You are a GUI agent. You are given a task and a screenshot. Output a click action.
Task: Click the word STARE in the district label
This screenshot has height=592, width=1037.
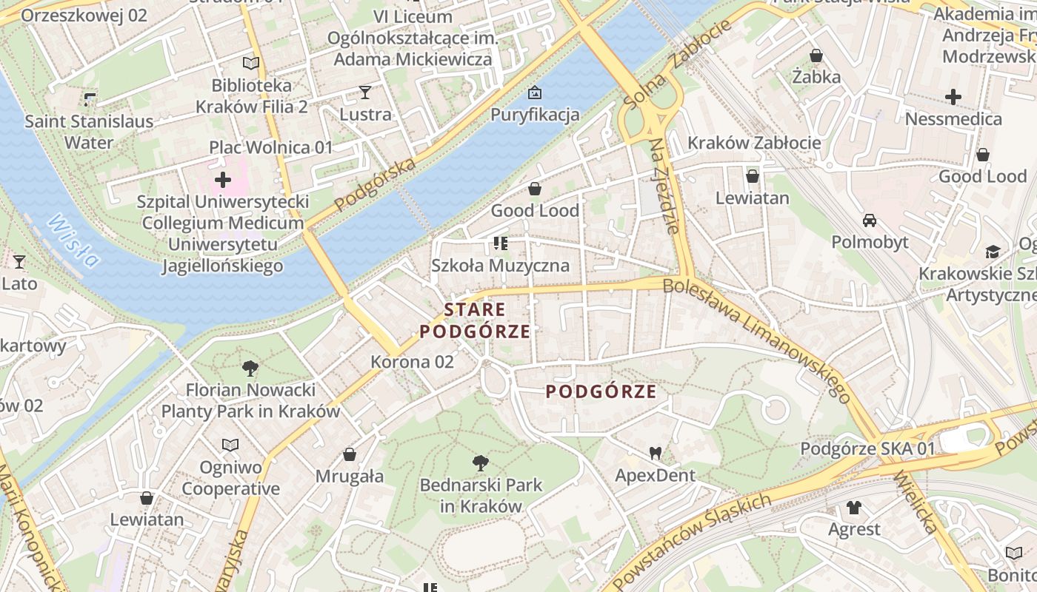tap(475, 309)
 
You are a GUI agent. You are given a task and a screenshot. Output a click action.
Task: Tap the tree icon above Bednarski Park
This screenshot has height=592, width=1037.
tap(481, 463)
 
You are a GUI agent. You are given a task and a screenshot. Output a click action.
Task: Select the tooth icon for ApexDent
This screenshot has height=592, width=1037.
tap(655, 452)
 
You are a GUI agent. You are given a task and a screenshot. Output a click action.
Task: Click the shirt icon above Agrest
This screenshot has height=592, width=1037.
tap(854, 508)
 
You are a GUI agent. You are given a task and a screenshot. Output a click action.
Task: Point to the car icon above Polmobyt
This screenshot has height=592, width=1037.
tap(870, 221)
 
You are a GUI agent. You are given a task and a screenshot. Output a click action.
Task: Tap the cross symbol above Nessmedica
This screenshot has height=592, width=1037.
tap(953, 97)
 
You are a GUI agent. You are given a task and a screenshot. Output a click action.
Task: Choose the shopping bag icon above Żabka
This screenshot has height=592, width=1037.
tap(816, 55)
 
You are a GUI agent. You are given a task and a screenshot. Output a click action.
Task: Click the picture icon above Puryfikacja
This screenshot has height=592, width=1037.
tap(534, 92)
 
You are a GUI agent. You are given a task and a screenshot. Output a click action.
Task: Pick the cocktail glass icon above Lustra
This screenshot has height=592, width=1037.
tap(364, 92)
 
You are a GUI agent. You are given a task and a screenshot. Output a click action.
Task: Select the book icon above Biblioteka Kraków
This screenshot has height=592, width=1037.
tap(251, 64)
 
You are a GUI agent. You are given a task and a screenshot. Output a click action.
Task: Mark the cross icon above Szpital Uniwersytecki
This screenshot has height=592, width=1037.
tap(222, 180)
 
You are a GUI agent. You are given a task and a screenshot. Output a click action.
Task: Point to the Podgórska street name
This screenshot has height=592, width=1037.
tap(375, 185)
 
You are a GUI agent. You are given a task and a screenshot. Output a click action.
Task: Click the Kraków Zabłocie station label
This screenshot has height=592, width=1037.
tap(754, 143)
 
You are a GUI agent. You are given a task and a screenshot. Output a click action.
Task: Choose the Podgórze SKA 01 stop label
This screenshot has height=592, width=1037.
tap(867, 449)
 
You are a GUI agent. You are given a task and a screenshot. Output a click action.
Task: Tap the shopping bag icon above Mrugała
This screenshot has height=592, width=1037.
tap(350, 454)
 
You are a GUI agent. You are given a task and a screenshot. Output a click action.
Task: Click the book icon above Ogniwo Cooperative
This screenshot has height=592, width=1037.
tap(231, 445)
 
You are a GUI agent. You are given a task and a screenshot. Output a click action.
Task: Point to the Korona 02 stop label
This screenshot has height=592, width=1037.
tap(412, 362)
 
